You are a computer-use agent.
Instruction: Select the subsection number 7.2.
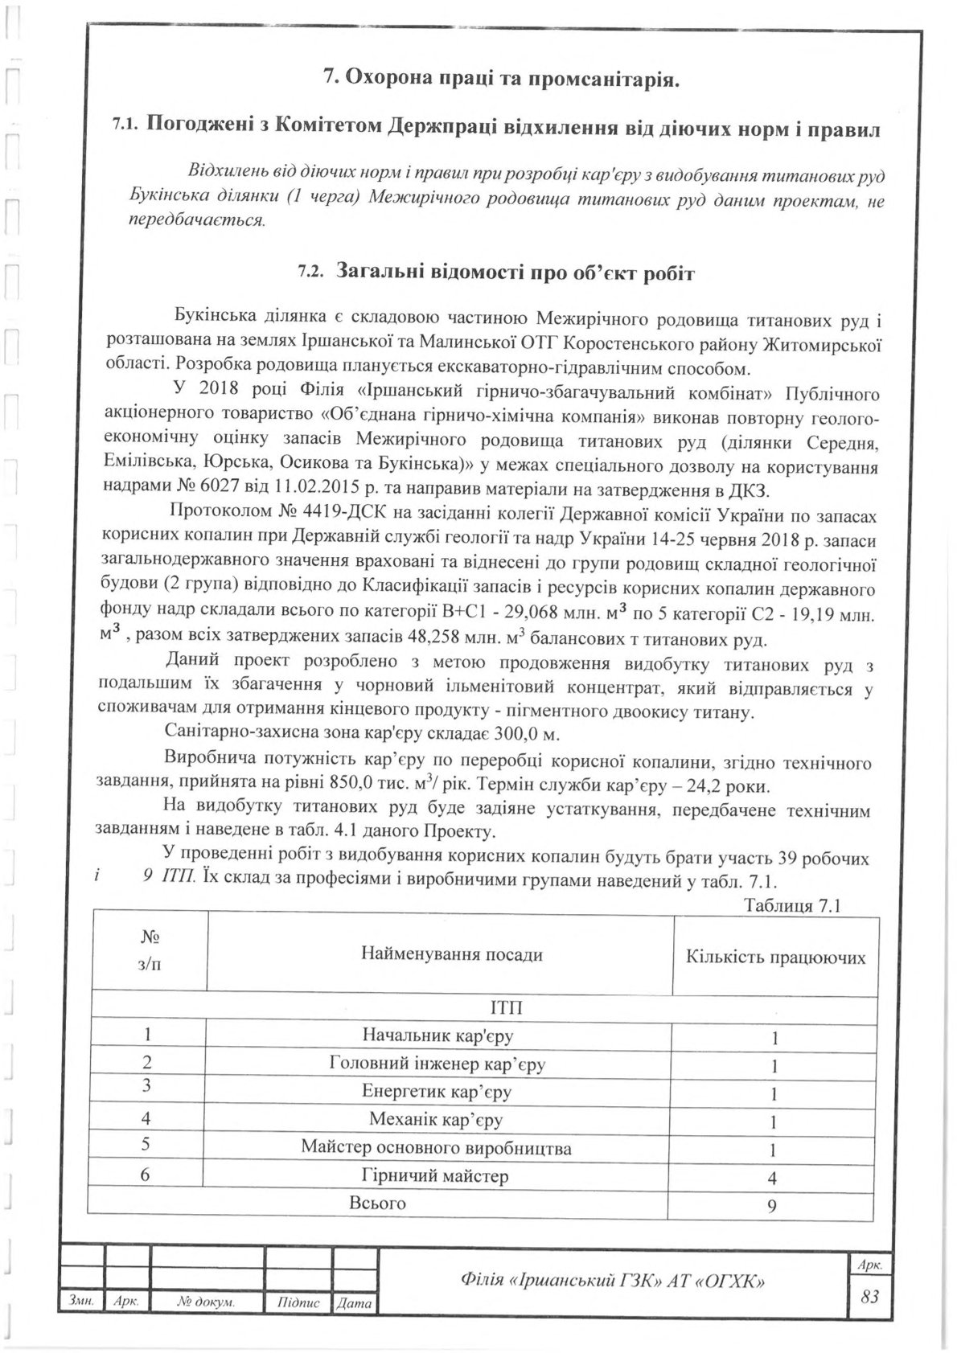[x=310, y=273]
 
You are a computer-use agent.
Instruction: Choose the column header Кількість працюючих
[x=775, y=957]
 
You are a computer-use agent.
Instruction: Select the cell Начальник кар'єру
[x=438, y=1035]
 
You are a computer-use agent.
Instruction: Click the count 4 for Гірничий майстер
[x=773, y=1179]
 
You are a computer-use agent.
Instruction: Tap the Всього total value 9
[x=773, y=1206]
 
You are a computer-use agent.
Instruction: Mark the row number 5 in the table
[x=146, y=1146]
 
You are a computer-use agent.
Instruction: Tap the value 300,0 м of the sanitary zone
[x=535, y=734]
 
